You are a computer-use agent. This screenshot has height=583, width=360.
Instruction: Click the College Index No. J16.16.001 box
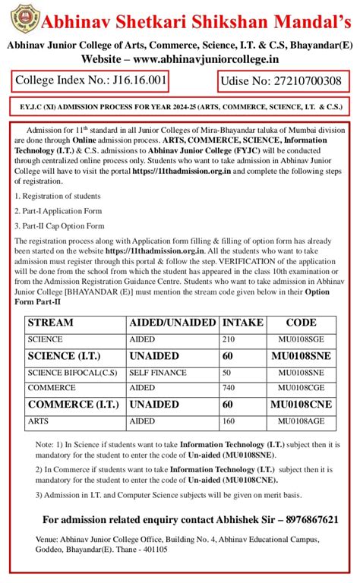click(x=90, y=80)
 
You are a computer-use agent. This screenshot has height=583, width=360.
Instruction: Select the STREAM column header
click(x=52, y=323)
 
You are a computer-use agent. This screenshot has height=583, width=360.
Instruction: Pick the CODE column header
click(x=301, y=323)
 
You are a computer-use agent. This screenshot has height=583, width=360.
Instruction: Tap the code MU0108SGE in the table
click(x=301, y=339)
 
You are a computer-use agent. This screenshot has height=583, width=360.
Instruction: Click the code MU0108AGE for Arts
click(x=301, y=421)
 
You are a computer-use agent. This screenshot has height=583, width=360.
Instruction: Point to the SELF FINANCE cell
click(x=155, y=373)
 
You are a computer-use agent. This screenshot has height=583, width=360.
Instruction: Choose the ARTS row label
click(x=38, y=421)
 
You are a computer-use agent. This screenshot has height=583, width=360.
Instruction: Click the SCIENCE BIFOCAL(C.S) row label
click(x=72, y=373)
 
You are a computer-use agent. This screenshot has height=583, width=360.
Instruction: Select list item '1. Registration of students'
click(x=57, y=196)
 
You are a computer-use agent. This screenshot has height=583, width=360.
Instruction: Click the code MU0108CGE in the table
click(x=301, y=387)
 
